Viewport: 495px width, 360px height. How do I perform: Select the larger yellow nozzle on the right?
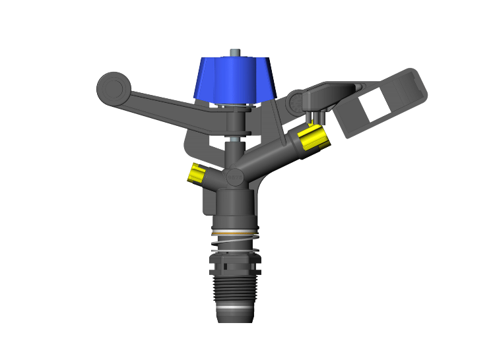point(312,138)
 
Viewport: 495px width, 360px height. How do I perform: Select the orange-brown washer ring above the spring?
point(235,233)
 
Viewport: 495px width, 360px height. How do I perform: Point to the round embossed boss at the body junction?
point(234,177)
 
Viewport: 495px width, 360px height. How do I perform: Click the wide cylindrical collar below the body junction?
point(236,207)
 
